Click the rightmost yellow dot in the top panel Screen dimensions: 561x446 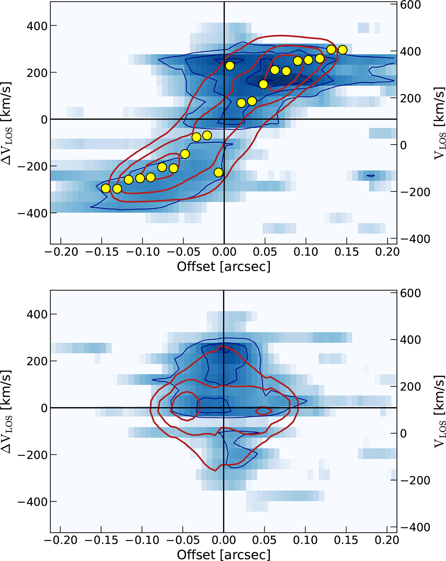pos(343,49)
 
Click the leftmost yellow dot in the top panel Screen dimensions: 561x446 pos(106,188)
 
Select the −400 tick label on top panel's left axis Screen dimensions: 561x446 pos(32,213)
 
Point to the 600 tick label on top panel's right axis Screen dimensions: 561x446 pos(411,5)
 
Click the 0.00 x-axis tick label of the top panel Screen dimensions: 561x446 pos(224,252)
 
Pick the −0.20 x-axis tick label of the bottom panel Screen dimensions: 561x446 pos(61,540)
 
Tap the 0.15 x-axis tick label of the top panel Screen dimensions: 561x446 pos(346,252)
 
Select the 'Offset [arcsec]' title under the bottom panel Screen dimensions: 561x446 pos(223,554)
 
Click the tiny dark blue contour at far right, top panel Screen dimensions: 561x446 pos(371,175)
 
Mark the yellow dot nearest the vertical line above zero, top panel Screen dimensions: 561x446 pos(230,66)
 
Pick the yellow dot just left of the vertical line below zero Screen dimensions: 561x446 pos(219,172)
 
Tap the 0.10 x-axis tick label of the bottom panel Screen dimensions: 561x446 pos(306,540)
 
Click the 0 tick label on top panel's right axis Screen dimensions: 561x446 pos(403,145)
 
